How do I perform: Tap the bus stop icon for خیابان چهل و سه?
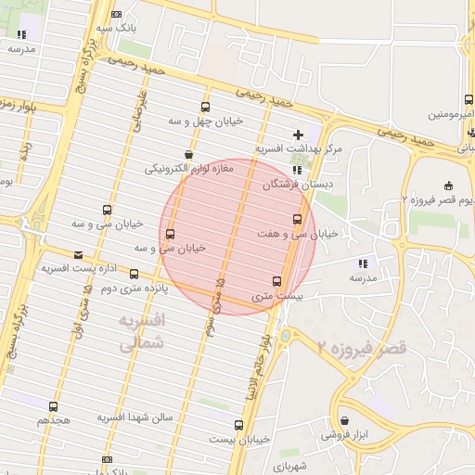click(x=205, y=107)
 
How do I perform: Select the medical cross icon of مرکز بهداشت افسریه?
click(x=297, y=135)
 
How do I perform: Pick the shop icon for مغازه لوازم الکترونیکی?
click(x=189, y=154)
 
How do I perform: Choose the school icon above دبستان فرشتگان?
click(x=297, y=171)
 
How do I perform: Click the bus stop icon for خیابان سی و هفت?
click(x=297, y=219)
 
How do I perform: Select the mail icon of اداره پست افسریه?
click(x=77, y=254)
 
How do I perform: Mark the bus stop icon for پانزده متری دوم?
click(x=134, y=274)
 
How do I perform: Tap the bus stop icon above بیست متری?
click(x=276, y=281)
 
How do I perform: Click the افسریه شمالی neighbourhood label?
click(x=142, y=332)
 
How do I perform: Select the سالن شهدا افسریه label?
click(x=135, y=418)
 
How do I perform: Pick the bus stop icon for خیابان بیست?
click(x=239, y=425)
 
